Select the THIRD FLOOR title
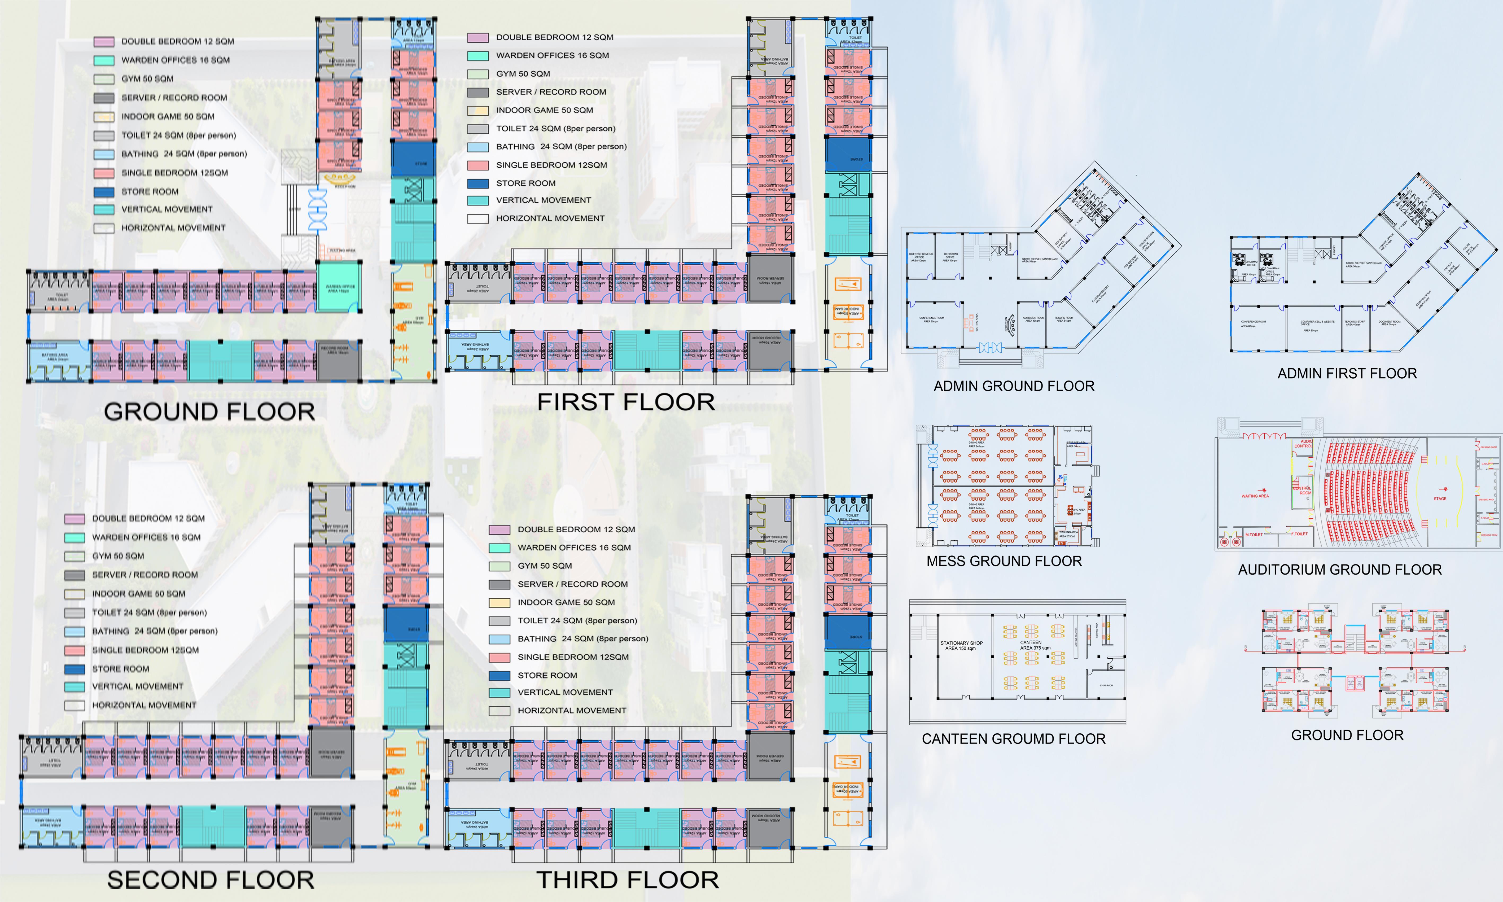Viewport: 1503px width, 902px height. click(x=627, y=879)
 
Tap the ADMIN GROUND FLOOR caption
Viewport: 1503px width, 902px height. click(x=1014, y=386)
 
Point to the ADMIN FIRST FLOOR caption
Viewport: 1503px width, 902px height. click(x=1347, y=373)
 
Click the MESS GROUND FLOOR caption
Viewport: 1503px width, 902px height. click(x=1004, y=561)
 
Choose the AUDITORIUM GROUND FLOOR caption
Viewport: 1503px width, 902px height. click(x=1339, y=570)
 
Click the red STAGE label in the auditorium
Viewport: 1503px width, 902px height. click(x=1440, y=498)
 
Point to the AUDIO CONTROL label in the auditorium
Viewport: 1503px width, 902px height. click(x=1303, y=444)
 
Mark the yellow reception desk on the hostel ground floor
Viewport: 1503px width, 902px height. click(x=340, y=179)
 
